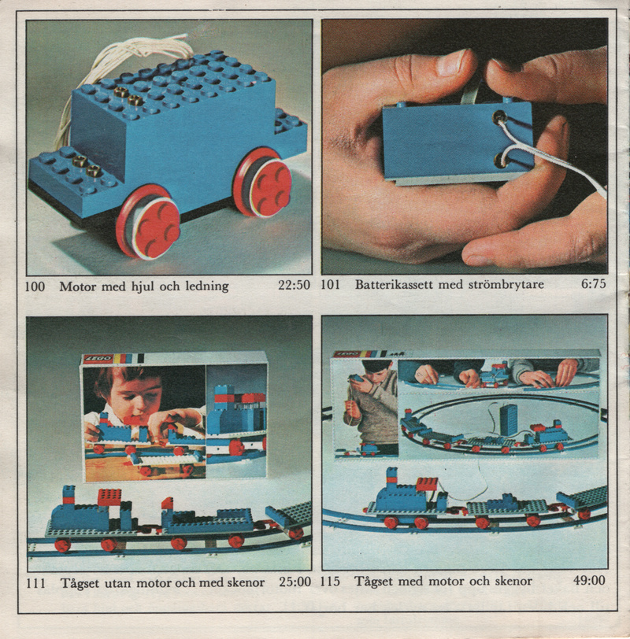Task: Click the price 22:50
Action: point(294,285)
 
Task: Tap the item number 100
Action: point(35,286)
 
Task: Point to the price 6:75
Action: point(593,283)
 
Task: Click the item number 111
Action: point(36,583)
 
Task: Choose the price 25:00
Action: point(295,582)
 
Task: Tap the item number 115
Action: point(330,581)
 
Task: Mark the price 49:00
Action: point(589,580)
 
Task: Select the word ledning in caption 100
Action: point(207,286)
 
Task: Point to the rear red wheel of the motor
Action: point(262,182)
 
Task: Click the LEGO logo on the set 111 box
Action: point(98,359)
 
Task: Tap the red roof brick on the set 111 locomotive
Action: point(109,497)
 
